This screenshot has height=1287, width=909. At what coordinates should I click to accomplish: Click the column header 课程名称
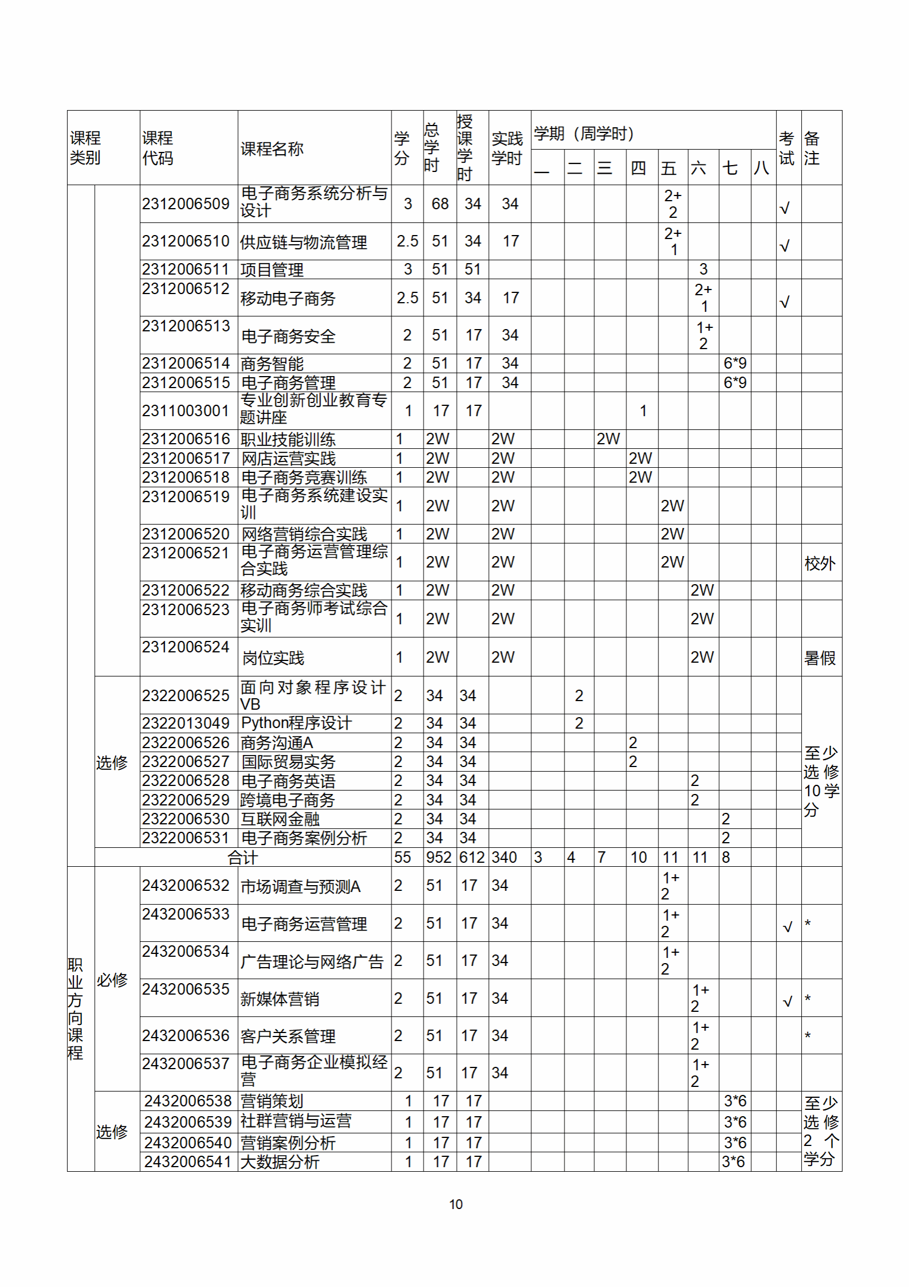point(272,149)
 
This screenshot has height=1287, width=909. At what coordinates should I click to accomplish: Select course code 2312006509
point(186,204)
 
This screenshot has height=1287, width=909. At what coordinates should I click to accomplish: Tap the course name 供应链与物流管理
point(303,242)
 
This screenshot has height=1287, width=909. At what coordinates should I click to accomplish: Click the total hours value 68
point(440,204)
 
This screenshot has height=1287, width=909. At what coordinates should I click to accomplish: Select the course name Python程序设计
point(296,723)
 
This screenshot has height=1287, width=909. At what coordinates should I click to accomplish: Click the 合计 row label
point(242,857)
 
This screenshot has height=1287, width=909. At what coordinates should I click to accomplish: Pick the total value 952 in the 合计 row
point(438,857)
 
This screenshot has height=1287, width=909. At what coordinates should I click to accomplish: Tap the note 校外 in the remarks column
point(820,563)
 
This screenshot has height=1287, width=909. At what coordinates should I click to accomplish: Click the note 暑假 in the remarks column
point(820,658)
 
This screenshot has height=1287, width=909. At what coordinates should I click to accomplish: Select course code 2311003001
point(186,410)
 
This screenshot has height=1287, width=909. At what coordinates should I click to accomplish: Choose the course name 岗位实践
point(273,658)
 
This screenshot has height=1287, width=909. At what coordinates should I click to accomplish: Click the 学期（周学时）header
point(583,134)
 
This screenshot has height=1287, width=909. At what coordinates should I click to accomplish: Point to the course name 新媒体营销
point(280,999)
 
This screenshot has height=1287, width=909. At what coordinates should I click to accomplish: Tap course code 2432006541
point(188,1161)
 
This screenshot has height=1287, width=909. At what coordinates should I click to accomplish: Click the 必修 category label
point(112,980)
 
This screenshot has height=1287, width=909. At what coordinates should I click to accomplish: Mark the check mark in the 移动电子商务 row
point(785,302)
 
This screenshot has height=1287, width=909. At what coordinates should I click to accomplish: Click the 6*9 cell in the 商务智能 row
point(734,363)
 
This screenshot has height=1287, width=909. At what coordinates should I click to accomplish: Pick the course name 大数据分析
point(280,1161)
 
